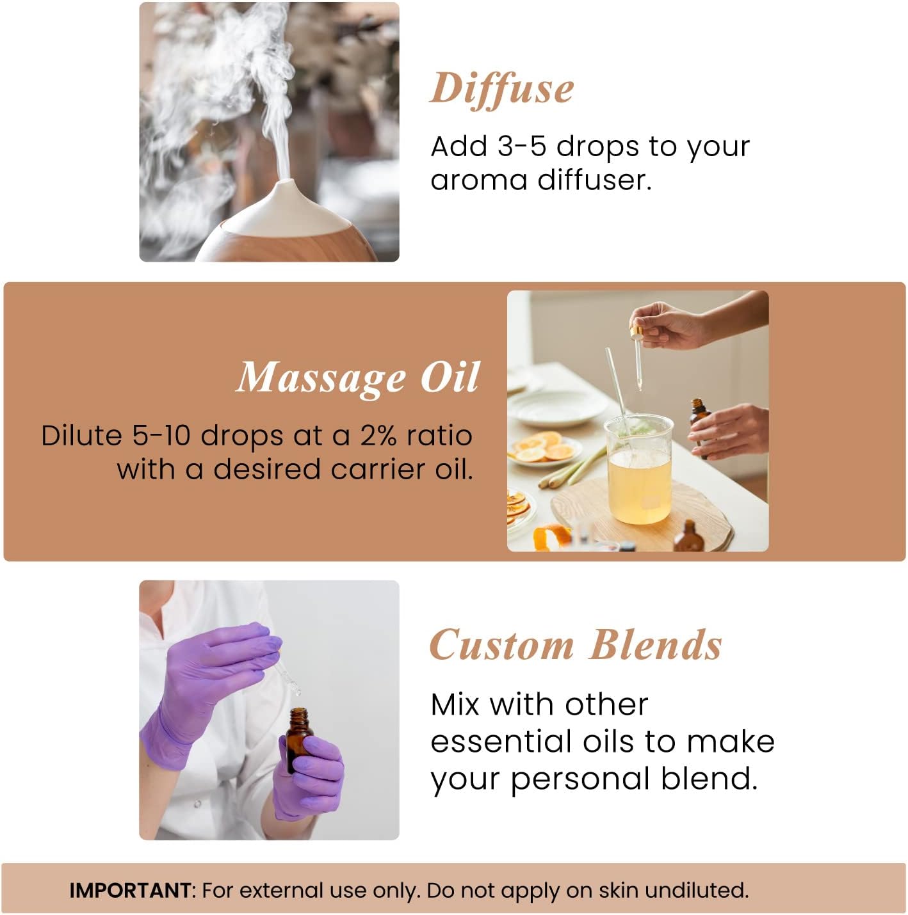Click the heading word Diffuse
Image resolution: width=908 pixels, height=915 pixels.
point(501,88)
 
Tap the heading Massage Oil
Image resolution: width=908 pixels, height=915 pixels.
point(358,378)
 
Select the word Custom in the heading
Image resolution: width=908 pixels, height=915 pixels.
point(501,644)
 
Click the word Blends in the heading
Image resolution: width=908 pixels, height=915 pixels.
point(656,644)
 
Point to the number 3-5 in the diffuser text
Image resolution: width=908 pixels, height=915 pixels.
point(521,147)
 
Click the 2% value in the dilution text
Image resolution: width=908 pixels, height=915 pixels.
point(379,436)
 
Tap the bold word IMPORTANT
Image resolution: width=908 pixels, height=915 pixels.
point(129,890)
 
